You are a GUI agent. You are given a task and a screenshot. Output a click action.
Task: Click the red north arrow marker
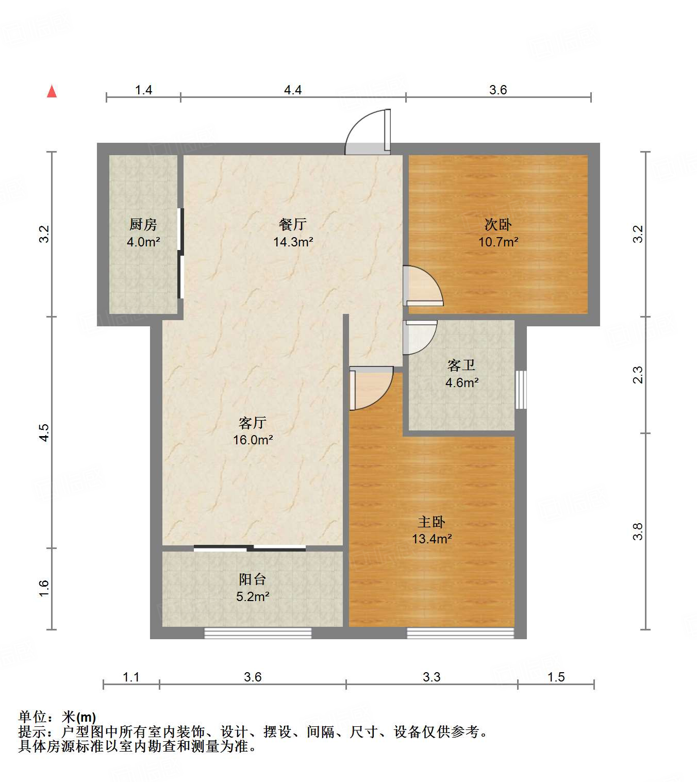tap(52, 91)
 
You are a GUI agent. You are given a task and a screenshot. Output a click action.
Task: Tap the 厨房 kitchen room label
tap(143, 224)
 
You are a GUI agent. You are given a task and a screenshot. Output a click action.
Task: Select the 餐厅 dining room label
tap(293, 224)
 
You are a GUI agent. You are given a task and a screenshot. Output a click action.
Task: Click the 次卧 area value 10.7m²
tap(498, 242)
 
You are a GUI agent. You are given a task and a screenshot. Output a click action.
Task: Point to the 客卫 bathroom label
tap(461, 365)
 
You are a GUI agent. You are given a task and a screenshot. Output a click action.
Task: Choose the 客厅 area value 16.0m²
tap(253, 440)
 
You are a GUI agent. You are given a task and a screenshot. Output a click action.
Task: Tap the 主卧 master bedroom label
tap(432, 522)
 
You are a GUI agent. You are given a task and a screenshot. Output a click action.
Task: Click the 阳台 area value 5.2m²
tap(253, 596)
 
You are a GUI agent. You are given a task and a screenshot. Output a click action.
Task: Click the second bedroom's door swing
tap(422, 286)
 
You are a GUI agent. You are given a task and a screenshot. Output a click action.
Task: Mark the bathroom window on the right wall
tap(521, 389)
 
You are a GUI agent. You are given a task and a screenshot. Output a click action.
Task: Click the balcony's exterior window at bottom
tap(258, 633)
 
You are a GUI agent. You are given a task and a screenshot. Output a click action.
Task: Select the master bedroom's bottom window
tap(460, 633)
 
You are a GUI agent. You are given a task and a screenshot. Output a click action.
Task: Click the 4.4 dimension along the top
tap(293, 90)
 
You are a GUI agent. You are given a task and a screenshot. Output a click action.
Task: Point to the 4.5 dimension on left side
tap(44, 432)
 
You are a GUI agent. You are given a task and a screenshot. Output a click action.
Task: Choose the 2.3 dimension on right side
tap(638, 374)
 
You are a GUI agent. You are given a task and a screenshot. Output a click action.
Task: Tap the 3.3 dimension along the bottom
tap(432, 677)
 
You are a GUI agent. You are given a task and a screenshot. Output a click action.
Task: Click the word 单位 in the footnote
tap(32, 717)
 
